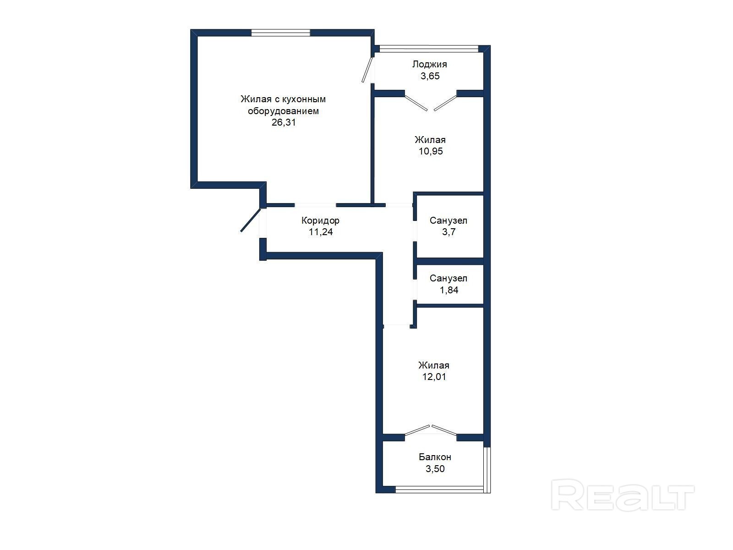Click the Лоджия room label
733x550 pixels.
[x=429, y=64]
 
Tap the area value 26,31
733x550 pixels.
[x=284, y=122]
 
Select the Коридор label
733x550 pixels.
[x=320, y=220]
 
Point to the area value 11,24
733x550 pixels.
[x=321, y=232]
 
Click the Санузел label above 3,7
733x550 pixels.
[x=448, y=220]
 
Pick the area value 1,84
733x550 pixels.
[x=449, y=290]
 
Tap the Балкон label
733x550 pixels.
[x=435, y=456]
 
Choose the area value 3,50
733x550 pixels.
[x=435, y=468]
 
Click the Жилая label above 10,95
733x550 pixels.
[x=430, y=140]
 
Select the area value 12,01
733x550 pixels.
[x=434, y=377]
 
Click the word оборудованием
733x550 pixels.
[x=283, y=111]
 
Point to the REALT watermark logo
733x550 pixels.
[x=623, y=495]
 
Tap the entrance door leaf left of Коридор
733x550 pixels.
[x=251, y=220]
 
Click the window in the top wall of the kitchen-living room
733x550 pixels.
[x=280, y=33]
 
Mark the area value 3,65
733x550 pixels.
[x=430, y=76]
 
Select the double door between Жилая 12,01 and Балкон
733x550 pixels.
[x=431, y=430]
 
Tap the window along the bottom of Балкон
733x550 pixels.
[x=439, y=489]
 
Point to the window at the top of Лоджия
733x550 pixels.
[x=429, y=49]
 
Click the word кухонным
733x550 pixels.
[x=304, y=99]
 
